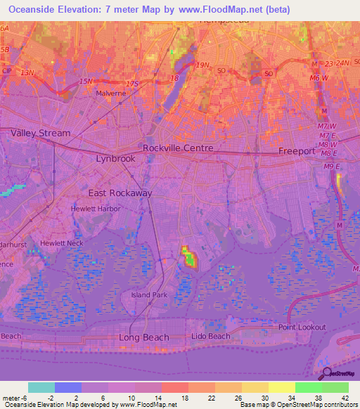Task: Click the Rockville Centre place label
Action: (178, 148)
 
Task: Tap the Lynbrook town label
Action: (115, 159)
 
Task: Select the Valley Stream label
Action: (40, 133)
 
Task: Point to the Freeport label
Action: (296, 151)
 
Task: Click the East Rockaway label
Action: (120, 193)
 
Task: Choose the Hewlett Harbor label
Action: (96, 209)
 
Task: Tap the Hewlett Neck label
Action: (61, 242)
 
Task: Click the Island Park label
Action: (150, 295)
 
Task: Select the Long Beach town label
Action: (143, 337)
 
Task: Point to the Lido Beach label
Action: (211, 337)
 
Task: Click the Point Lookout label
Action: (302, 327)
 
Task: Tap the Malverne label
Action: (110, 93)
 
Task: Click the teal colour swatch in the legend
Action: (41, 387)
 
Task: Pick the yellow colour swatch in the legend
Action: (281, 387)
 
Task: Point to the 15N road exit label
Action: (86, 82)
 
